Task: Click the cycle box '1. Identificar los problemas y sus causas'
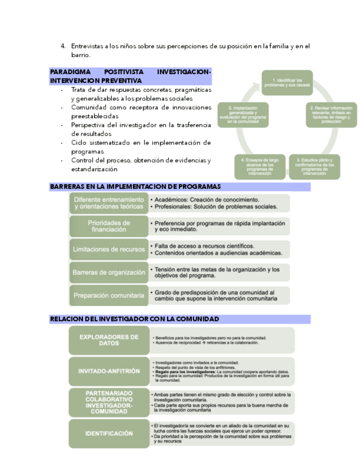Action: (x=286, y=83)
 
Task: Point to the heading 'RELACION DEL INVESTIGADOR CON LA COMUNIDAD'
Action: (x=134, y=319)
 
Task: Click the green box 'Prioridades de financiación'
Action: (x=109, y=226)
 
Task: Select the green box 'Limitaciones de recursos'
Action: (x=109, y=249)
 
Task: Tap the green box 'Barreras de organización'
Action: (x=109, y=272)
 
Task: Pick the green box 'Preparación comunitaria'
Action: (x=109, y=295)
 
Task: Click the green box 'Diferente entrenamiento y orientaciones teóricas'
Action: (x=109, y=203)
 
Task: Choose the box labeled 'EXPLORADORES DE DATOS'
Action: (x=109, y=340)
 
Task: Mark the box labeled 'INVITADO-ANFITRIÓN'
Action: (x=109, y=371)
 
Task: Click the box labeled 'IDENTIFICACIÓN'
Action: (x=109, y=434)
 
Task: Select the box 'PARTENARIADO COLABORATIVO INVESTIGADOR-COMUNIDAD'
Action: (x=109, y=402)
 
